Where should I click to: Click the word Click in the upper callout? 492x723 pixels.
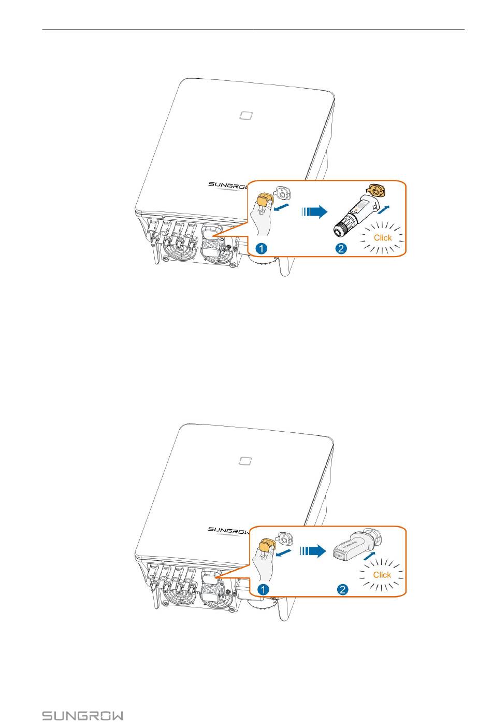[383, 237]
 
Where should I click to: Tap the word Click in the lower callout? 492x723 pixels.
[382, 575]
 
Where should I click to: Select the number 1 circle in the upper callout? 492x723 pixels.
[263, 249]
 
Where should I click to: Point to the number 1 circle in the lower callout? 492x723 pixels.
[264, 589]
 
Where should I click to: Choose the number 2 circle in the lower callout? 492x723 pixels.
[342, 589]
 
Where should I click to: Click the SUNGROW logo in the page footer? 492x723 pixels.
[83, 716]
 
